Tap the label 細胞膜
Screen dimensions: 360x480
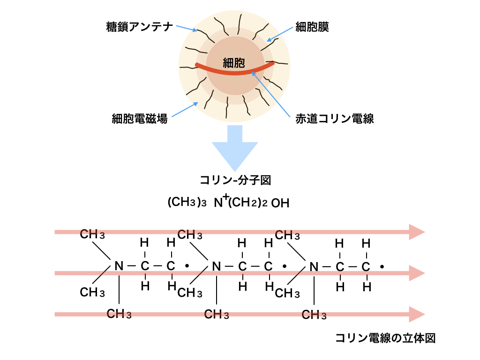312,27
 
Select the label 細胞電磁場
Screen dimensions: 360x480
140,119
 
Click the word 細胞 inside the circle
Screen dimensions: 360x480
234,62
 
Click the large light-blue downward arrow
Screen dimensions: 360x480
234,148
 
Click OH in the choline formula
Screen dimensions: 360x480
280,203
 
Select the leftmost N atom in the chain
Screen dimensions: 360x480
119,266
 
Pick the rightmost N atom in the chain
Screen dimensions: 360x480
314,266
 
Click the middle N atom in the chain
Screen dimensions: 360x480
216,266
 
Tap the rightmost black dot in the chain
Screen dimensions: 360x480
382,267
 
